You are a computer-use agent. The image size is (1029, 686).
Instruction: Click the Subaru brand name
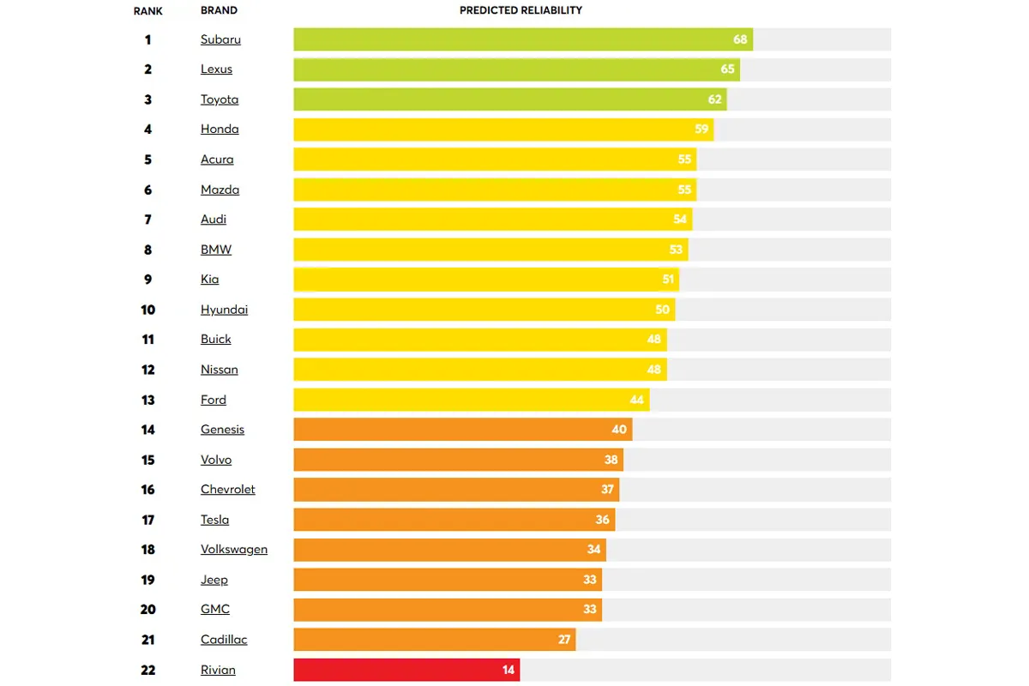point(220,39)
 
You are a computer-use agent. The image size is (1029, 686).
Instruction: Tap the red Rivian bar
point(406,670)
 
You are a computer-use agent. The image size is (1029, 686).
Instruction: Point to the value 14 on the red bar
point(508,670)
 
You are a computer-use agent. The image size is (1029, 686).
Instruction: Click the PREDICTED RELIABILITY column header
point(521,10)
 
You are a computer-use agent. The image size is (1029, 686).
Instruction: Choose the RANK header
point(147,11)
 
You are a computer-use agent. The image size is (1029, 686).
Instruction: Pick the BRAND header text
point(219,11)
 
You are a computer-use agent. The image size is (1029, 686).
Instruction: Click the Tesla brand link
point(214,520)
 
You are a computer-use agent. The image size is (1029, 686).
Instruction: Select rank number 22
point(147,670)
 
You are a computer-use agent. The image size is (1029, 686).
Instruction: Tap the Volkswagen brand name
point(234,550)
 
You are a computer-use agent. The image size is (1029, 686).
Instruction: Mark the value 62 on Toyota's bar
point(715,99)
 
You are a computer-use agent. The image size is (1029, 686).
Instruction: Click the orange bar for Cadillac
point(434,640)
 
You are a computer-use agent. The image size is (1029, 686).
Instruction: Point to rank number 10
point(147,310)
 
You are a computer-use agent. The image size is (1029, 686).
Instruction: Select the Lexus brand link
point(216,69)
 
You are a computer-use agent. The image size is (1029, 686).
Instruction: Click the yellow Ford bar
point(471,400)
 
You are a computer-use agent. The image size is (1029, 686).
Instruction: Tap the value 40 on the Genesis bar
point(619,430)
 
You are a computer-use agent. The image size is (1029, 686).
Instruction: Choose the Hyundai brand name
point(224,310)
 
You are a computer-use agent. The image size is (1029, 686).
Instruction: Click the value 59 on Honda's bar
point(701,129)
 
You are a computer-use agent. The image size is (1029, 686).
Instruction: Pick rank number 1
point(147,39)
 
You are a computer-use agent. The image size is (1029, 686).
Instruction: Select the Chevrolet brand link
point(228,490)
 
